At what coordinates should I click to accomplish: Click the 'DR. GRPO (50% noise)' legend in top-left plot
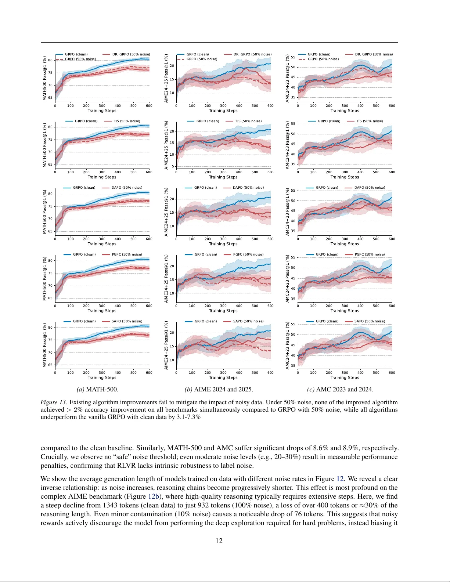coord(131,54)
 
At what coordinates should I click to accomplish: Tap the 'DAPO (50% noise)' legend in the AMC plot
coord(370,188)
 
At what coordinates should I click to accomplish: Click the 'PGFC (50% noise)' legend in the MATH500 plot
coord(127,254)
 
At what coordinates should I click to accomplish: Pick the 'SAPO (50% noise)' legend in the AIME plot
coord(248,321)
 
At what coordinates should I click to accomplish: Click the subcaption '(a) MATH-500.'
coord(97,389)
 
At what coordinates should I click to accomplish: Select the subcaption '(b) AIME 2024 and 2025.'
coord(219,389)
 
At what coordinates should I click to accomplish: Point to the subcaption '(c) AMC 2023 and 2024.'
coord(340,389)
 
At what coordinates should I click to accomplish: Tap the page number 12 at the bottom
coord(219,541)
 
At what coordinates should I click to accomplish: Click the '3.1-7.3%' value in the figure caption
coord(188,417)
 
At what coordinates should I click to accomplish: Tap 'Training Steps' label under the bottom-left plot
coord(102,377)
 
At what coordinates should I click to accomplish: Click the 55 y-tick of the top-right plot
coord(293,57)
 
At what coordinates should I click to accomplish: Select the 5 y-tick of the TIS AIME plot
coord(173,166)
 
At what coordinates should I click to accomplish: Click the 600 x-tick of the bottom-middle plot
coord(270,373)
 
